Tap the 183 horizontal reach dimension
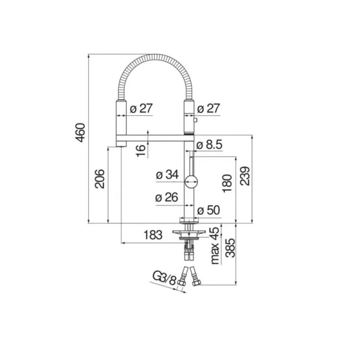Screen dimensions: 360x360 click(x=153, y=235)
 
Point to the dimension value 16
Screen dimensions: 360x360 click(x=140, y=150)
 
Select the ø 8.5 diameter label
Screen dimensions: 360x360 click(x=209, y=145)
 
